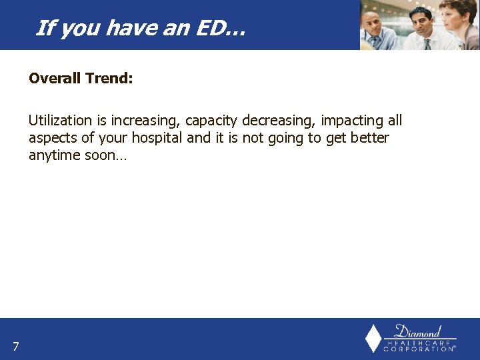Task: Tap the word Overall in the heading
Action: click(55, 79)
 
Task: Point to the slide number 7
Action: click(15, 346)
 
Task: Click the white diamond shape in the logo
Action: click(374, 338)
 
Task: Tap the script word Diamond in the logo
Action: click(419, 331)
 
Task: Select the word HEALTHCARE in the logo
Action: click(419, 343)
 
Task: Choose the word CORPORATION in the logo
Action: click(419, 349)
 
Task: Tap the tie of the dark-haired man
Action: click(427, 43)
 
